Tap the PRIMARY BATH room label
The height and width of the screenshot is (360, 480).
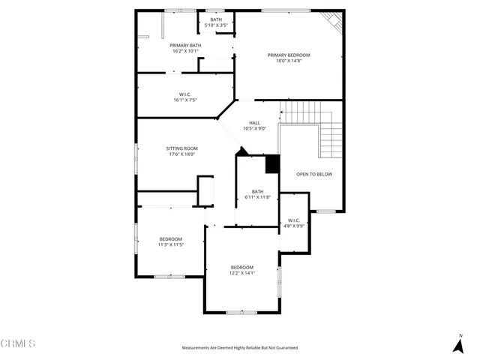pyautogui.click(x=185, y=46)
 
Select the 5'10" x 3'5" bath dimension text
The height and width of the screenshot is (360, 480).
pyautogui.click(x=216, y=25)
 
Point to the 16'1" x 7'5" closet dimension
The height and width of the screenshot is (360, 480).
pyautogui.click(x=184, y=100)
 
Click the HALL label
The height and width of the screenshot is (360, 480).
pyautogui.click(x=254, y=122)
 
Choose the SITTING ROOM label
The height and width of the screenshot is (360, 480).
pyautogui.click(x=181, y=148)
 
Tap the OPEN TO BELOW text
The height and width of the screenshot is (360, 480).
pyautogui.click(x=314, y=174)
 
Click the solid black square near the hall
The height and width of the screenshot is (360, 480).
pyautogui.click(x=272, y=163)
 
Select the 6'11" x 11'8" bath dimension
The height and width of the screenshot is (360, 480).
pyautogui.click(x=257, y=197)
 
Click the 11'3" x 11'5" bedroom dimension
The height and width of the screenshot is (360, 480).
pyautogui.click(x=170, y=244)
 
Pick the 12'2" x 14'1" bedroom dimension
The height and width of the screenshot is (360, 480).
pyautogui.click(x=242, y=273)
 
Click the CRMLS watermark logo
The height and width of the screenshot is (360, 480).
pyautogui.click(x=18, y=343)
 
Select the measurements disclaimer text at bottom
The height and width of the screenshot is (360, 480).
pyautogui.click(x=239, y=348)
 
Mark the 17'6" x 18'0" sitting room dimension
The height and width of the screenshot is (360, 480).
pyautogui.click(x=181, y=154)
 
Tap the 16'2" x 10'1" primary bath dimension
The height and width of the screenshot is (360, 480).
pyautogui.click(x=185, y=52)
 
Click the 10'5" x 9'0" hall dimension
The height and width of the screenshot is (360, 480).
pyautogui.click(x=254, y=128)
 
